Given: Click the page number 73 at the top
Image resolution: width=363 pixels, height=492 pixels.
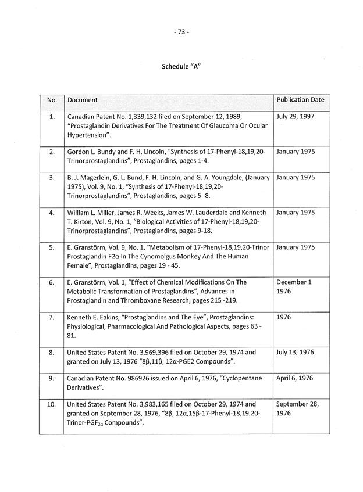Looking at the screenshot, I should (x=181, y=32).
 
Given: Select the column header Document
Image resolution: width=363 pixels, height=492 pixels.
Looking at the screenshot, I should (x=83, y=100).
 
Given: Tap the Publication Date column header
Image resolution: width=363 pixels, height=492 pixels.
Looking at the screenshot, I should (x=300, y=100).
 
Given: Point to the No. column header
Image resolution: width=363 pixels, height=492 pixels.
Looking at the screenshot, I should (x=52, y=100).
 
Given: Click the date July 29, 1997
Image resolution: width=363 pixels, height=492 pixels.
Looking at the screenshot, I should (x=296, y=117).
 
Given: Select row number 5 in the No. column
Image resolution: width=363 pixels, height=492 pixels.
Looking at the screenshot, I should (x=52, y=247).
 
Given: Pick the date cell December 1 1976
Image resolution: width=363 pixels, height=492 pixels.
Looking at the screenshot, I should (x=294, y=287).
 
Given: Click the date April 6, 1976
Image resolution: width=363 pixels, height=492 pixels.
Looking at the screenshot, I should (x=295, y=378).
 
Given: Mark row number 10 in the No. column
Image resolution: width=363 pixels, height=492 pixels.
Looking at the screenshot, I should (x=52, y=404).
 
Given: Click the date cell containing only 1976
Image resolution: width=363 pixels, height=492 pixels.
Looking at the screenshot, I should (x=286, y=317).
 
